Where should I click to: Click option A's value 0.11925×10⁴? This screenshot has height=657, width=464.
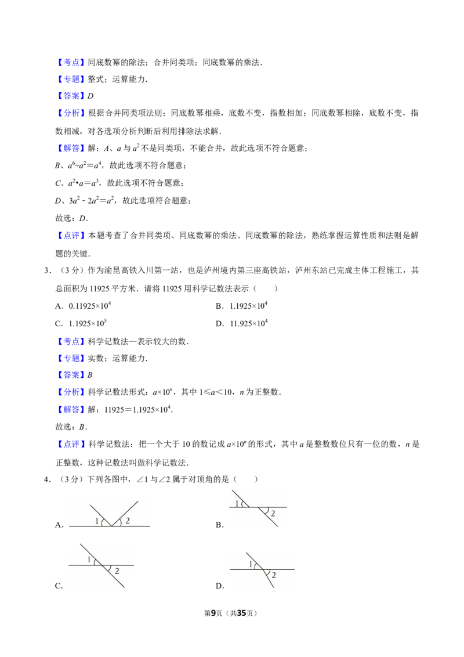90,306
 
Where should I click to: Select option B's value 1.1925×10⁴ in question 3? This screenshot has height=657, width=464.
248,306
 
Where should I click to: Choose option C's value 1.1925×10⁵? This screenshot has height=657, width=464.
88,323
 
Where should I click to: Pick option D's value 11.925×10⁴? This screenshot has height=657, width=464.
249,323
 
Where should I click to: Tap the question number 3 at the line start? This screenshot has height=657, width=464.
46,270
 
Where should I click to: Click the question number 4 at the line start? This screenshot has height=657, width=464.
46,479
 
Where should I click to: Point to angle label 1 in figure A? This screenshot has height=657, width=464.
97,521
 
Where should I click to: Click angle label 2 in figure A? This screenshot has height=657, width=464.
128,521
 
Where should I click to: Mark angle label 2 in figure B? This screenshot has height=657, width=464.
273,514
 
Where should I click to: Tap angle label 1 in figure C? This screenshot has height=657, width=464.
89,560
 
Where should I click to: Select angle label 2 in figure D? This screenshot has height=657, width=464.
274,575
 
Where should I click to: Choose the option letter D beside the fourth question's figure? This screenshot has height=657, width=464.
219,586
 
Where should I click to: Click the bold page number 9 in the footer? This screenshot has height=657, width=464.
213,613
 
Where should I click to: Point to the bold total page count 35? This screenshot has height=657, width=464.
241,613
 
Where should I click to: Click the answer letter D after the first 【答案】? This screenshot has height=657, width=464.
90,96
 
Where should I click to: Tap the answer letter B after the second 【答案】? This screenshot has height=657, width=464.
90,375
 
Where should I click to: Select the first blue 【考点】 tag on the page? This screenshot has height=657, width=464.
71,63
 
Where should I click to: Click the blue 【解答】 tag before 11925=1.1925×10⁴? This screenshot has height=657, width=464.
71,409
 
